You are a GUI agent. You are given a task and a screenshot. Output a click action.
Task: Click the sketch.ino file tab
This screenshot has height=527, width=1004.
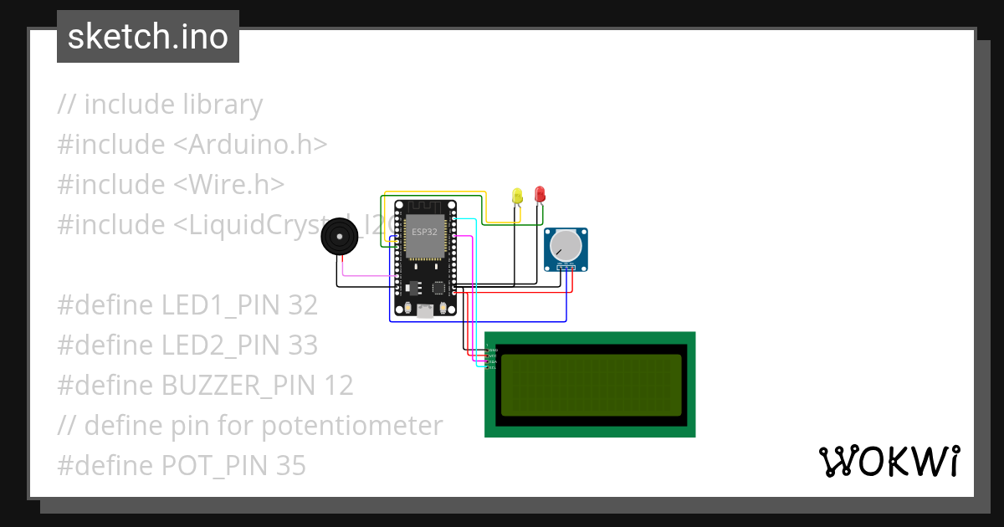tap(148, 37)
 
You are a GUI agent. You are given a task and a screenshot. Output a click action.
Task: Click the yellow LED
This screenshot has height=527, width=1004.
tap(517, 196)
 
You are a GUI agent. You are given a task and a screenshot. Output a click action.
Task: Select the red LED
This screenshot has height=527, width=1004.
tap(540, 194)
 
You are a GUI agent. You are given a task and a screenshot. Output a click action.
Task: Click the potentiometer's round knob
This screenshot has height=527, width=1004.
tap(566, 245)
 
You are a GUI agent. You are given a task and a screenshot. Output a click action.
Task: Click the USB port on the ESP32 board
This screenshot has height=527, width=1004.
tap(425, 311)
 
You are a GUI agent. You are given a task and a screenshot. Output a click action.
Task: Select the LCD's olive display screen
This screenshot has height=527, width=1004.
tap(591, 385)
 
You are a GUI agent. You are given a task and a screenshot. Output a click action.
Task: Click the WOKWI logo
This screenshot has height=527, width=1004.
tap(889, 461)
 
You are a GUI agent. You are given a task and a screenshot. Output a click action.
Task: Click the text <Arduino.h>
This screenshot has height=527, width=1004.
tap(250, 145)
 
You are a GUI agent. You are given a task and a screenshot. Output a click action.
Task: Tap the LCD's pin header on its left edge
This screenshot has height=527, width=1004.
tap(490, 356)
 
